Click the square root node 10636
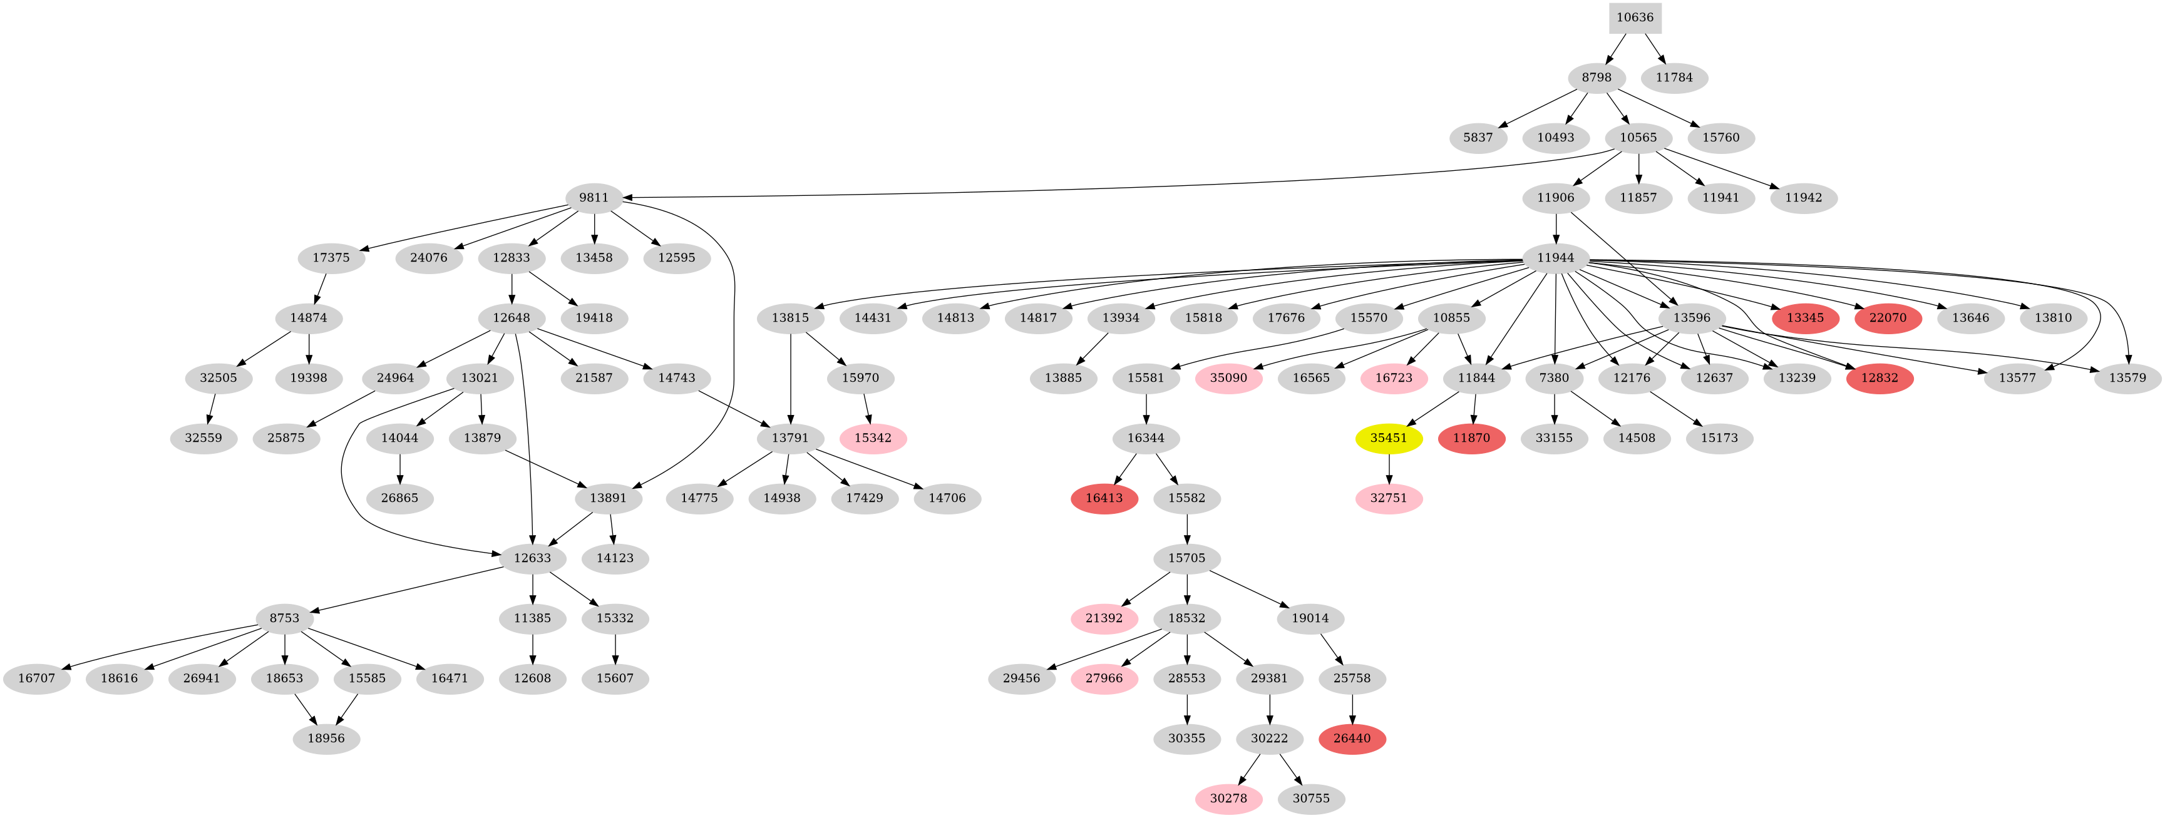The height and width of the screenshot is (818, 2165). [1635, 18]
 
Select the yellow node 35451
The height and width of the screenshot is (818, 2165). [1389, 438]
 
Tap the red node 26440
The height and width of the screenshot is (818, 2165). [1352, 739]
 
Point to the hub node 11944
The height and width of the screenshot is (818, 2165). [1556, 258]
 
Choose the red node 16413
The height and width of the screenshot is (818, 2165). [1104, 499]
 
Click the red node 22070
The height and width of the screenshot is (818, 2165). [1888, 319]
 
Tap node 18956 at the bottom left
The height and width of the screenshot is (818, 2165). [326, 739]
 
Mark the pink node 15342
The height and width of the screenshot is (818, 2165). [873, 438]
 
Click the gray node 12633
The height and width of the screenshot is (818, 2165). [532, 558]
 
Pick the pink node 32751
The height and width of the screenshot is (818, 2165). [1389, 499]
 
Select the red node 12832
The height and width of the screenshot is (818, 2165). [1880, 379]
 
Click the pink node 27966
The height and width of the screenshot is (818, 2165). [1104, 678]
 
